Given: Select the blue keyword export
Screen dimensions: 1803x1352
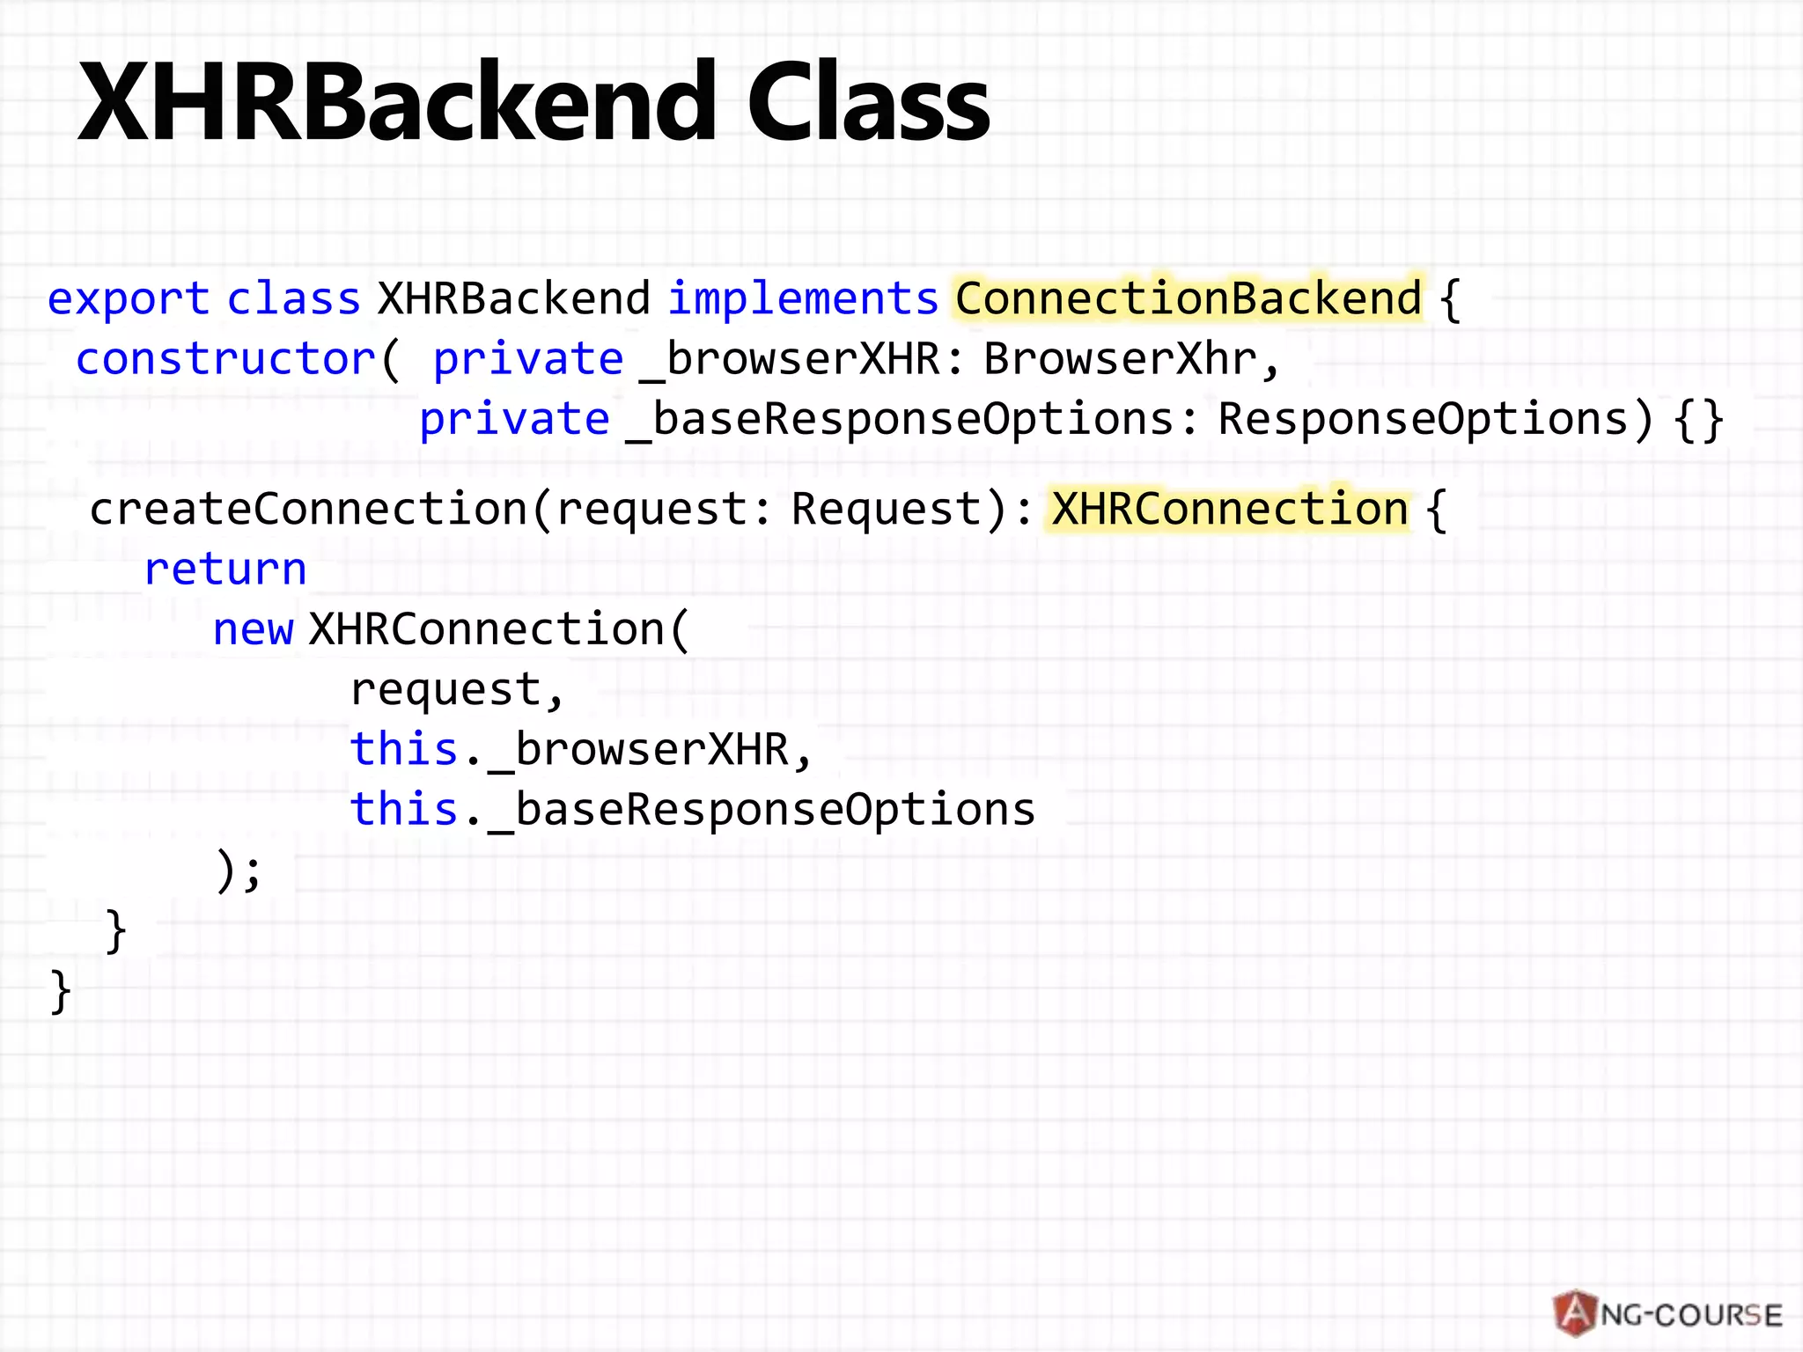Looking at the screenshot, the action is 128,299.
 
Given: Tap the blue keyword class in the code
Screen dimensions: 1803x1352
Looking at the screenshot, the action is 293,299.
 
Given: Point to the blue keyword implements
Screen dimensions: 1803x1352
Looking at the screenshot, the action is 803,299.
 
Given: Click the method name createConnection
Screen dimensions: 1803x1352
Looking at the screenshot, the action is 308,509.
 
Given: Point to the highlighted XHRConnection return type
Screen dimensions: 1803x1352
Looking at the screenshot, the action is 1230,509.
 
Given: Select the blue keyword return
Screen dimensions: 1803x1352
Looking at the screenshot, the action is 225,569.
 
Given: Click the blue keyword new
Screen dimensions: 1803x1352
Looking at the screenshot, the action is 253,629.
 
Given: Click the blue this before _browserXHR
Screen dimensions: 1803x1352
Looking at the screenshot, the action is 403,749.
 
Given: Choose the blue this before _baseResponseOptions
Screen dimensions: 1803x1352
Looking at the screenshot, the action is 403,809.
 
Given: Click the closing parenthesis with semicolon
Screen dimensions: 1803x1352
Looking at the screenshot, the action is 239,872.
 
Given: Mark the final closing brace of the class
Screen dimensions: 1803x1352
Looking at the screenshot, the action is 60,991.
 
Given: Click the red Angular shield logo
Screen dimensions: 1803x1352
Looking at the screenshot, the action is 1576,1314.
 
